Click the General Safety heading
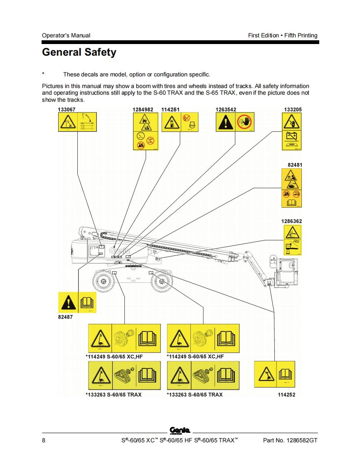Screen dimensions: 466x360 pyautogui.click(x=79, y=53)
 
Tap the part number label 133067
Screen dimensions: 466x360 pyautogui.click(x=67, y=109)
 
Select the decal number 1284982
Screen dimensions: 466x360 pyautogui.click(x=143, y=109)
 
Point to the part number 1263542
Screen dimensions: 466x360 pyautogui.click(x=226, y=109)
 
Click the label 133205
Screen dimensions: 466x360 pyautogui.click(x=293, y=109)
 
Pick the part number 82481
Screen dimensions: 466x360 pyautogui.click(x=295, y=165)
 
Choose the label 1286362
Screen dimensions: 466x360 pyautogui.click(x=291, y=221)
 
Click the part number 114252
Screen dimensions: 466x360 pyautogui.click(x=286, y=395)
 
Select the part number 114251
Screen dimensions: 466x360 pyautogui.click(x=170, y=109)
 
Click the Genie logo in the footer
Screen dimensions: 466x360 pyautogui.click(x=180, y=430)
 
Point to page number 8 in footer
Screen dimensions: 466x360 pyautogui.click(x=44, y=441)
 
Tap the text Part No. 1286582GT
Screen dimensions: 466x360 pyautogui.click(x=290, y=441)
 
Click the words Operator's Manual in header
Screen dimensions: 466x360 pyautogui.click(x=66, y=35)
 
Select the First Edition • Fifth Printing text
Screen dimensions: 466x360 pyautogui.click(x=283, y=35)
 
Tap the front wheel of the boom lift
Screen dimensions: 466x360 pyautogui.click(x=162, y=282)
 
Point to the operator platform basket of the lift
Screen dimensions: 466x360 pyautogui.click(x=284, y=272)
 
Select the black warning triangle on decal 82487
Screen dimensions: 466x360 pyautogui.click(x=68, y=303)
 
